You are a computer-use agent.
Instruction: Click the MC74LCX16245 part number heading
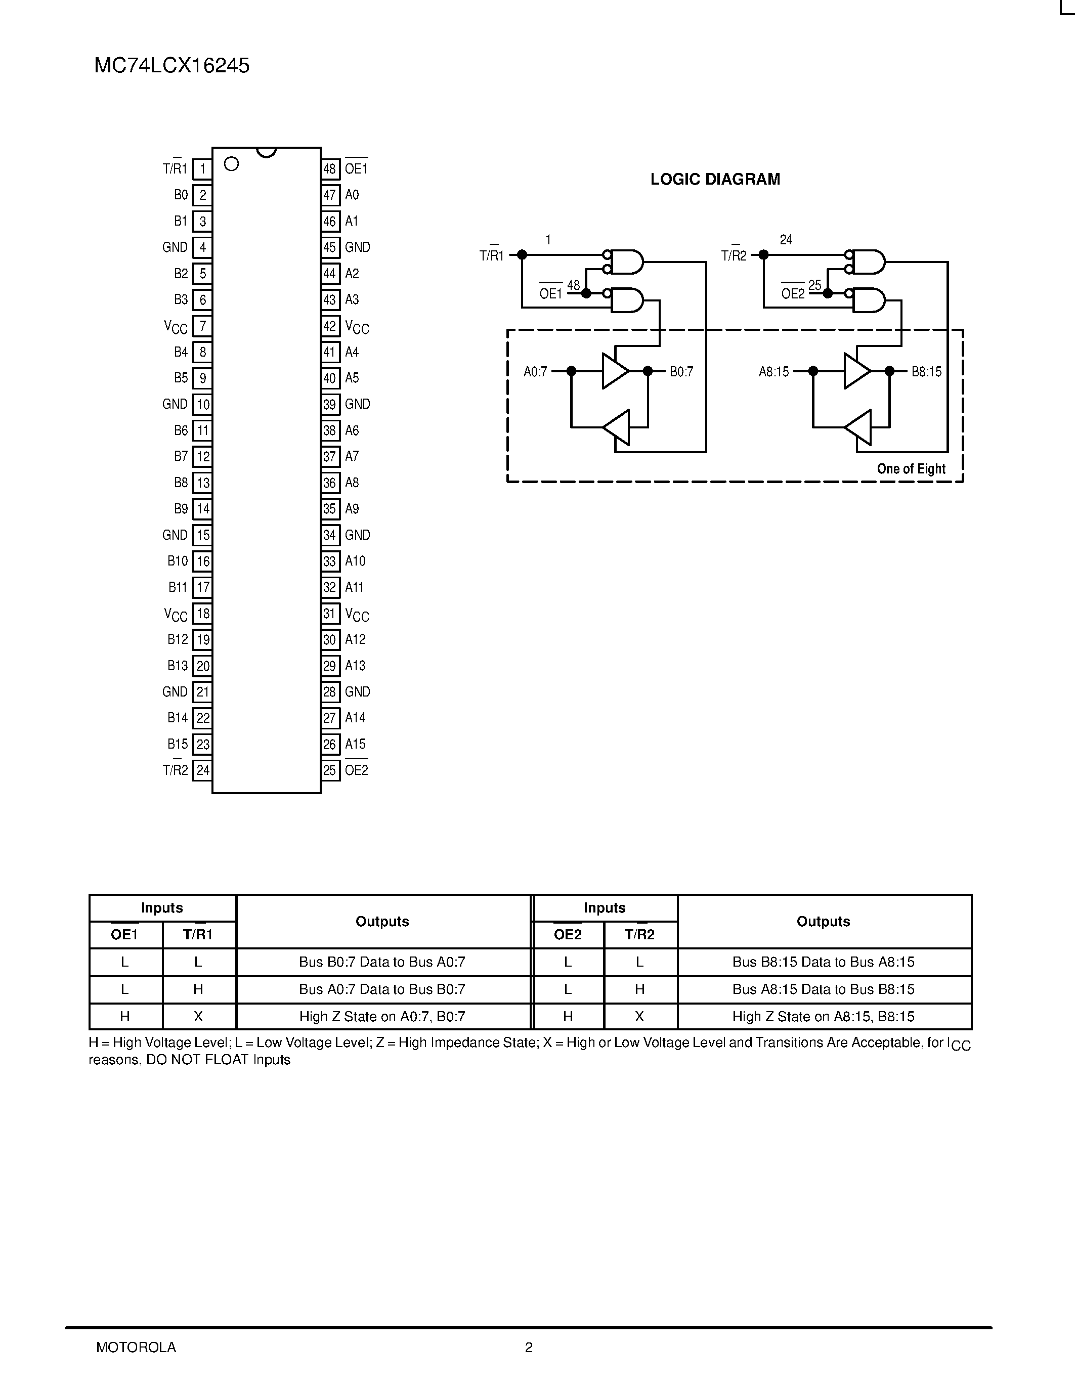tap(171, 66)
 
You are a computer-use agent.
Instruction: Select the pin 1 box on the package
tap(202, 169)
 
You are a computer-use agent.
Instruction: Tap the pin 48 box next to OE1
tap(329, 169)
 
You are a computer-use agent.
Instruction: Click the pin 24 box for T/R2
tap(202, 770)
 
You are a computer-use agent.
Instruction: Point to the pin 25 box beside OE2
tap(329, 770)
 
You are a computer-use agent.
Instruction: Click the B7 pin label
tap(181, 456)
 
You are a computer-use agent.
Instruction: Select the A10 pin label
tap(355, 561)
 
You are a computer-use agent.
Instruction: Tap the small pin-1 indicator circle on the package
tap(232, 164)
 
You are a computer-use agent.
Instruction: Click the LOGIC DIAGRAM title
tap(714, 180)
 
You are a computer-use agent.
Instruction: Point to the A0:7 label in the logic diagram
tap(535, 371)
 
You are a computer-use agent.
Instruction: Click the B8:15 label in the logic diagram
tap(926, 371)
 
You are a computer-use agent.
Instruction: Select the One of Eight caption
tap(911, 469)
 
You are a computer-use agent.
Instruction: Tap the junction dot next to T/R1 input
tap(522, 255)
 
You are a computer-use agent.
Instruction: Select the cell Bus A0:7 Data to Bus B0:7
tap(382, 989)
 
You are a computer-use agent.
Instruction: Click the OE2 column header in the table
tap(568, 934)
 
